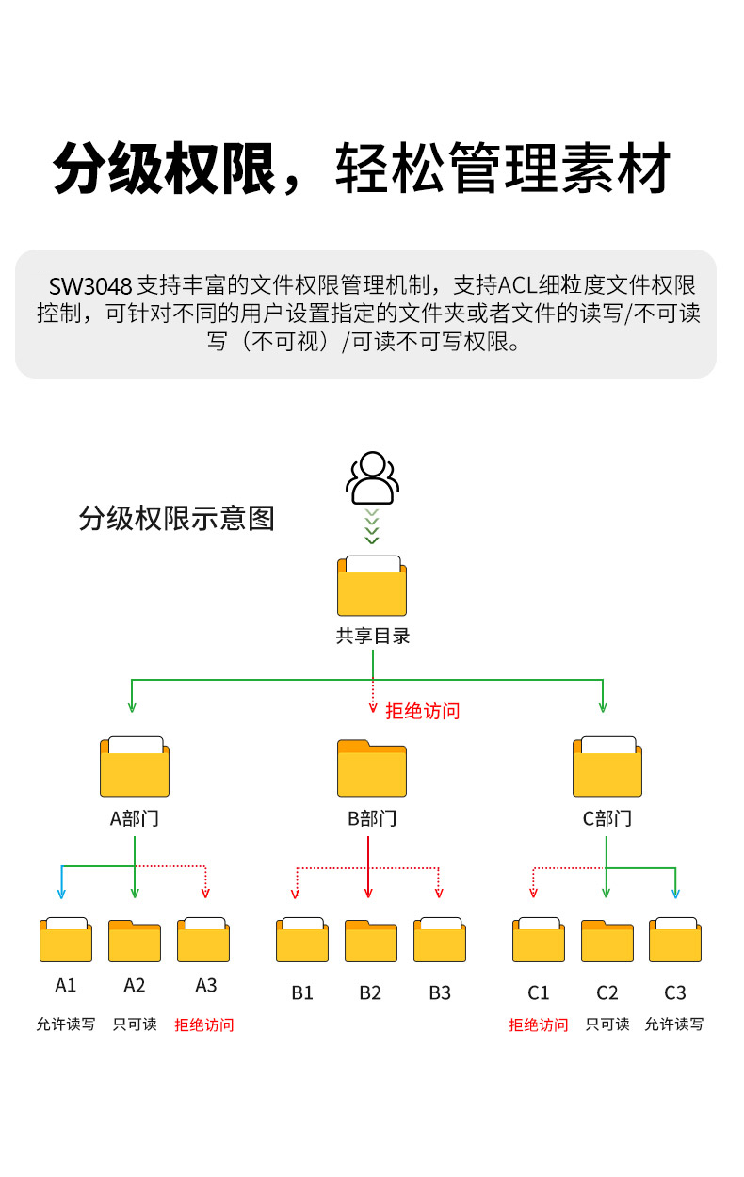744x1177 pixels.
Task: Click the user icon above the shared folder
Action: click(372, 478)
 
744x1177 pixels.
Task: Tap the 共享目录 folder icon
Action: click(372, 586)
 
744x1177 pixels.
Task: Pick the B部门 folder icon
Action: click(372, 768)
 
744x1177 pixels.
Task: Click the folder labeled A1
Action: click(66, 939)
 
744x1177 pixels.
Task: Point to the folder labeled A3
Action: click(203, 939)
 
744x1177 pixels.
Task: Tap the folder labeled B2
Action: click(371, 941)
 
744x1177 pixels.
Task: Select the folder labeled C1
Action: click(539, 939)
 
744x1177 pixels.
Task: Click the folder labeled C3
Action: click(674, 939)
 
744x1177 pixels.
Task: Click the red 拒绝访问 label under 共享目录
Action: click(423, 711)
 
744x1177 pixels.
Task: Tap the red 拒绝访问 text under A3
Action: click(204, 1024)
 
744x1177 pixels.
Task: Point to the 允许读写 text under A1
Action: click(66, 1024)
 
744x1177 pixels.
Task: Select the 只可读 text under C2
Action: click(607, 1024)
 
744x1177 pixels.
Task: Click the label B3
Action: click(440, 992)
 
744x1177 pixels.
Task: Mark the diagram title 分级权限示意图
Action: click(176, 518)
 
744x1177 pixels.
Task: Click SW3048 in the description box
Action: click(90, 284)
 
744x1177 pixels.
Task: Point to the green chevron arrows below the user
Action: click(372, 526)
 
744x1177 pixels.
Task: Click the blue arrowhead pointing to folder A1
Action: click(62, 892)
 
